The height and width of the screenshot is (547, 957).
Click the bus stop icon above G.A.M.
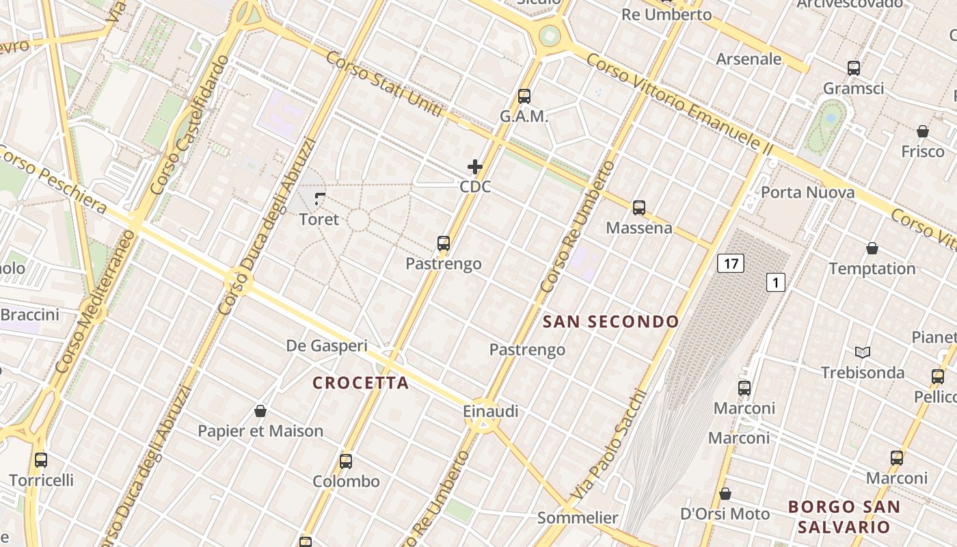point(524,96)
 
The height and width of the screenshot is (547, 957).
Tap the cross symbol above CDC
point(475,166)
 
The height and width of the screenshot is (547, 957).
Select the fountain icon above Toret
point(319,199)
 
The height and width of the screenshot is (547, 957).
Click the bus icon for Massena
point(639,208)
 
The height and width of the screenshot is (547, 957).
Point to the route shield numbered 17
point(731,263)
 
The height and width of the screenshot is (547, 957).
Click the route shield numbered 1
point(776,282)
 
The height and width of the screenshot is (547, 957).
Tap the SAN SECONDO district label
point(611,321)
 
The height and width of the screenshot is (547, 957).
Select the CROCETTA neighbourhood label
point(361,383)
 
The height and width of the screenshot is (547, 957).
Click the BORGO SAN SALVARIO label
point(844,517)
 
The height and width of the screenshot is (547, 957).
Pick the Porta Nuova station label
point(807,192)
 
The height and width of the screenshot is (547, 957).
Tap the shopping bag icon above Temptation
point(872,248)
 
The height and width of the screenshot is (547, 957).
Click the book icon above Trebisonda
point(863,352)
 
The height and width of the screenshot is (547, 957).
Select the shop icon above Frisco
point(923,131)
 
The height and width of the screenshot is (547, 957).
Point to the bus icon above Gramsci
point(854,68)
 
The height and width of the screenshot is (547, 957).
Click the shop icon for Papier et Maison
point(260,411)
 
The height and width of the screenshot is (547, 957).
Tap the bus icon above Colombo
point(346,461)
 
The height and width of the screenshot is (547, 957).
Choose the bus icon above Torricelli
point(41,460)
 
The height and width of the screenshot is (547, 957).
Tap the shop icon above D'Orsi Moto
point(725,494)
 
